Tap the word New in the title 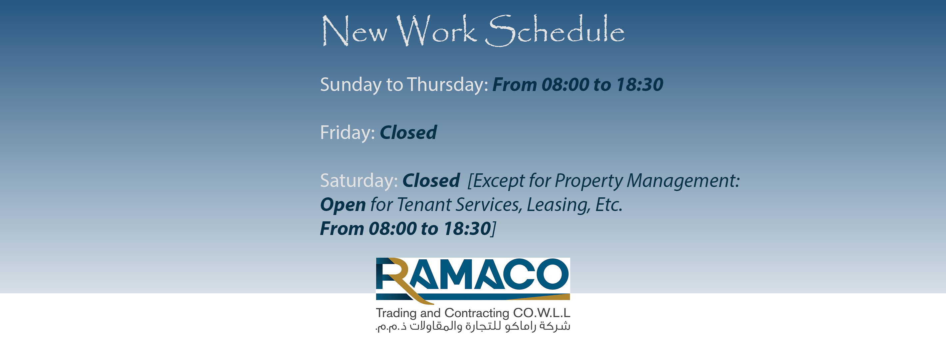coord(354,31)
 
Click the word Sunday coord(351,85)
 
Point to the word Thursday coord(448,85)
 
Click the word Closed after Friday coord(408,133)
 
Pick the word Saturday coord(359,181)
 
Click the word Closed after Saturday coord(431,181)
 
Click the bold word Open coord(343,205)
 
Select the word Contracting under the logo coord(477,313)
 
